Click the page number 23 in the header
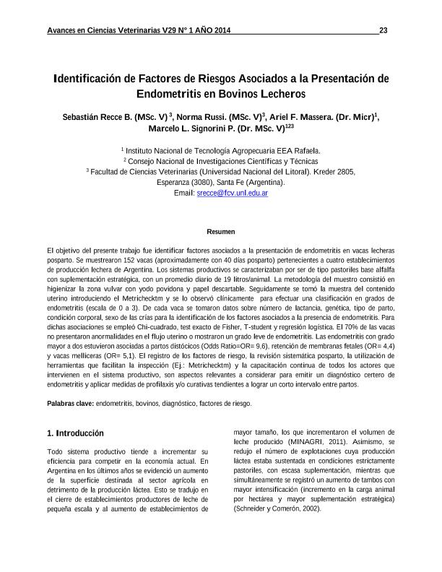(x=383, y=30)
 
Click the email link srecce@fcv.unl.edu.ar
(x=233, y=194)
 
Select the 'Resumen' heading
(x=221, y=232)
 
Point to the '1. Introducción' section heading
(x=75, y=433)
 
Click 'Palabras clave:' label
(x=70, y=404)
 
